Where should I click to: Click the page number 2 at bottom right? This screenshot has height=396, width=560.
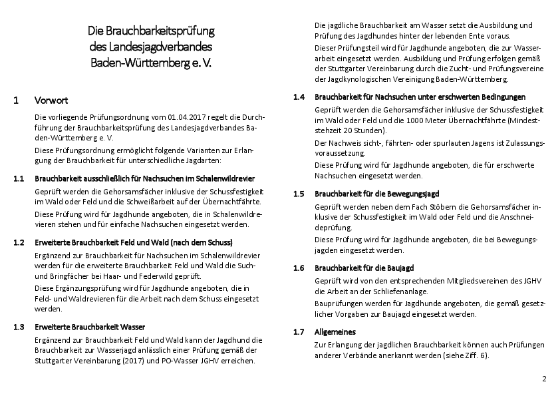coord(544,379)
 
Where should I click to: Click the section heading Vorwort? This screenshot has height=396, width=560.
coord(51,100)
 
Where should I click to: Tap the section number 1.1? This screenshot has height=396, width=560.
coord(19,179)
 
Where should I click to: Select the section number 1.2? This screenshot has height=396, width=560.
coord(19,242)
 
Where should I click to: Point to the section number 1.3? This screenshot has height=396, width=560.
coord(19,327)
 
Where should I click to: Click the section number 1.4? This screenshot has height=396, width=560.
coord(299,97)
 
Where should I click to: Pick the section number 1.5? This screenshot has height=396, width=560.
coord(299,194)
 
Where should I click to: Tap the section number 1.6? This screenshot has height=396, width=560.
coord(299,268)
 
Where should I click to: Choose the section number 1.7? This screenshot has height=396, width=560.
coord(299,331)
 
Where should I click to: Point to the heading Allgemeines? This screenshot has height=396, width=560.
coord(335,331)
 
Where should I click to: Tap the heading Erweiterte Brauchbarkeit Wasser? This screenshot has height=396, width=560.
coord(90,327)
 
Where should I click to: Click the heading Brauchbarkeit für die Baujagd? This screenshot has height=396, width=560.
coord(364,268)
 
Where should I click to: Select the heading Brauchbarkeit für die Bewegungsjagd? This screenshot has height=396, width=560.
coord(376,194)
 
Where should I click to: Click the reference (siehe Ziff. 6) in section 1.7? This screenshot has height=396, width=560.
coord(464,355)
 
